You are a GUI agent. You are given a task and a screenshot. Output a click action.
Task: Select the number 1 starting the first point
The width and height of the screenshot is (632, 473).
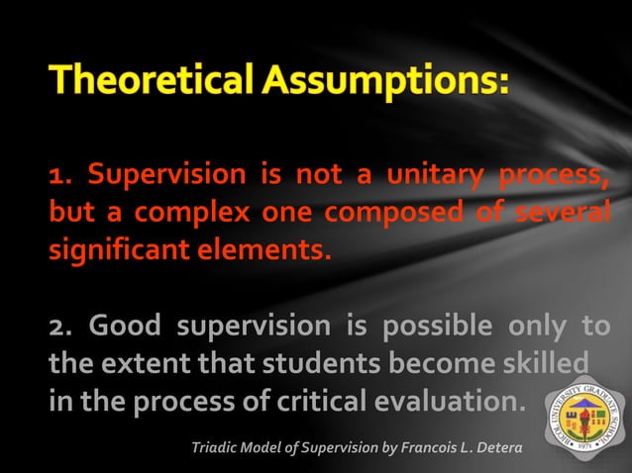point(56,177)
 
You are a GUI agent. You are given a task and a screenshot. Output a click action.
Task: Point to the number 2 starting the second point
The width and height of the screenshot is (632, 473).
point(56,328)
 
